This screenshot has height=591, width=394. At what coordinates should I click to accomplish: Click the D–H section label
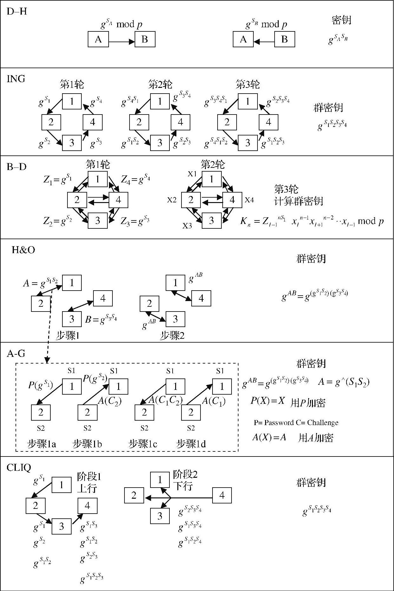point(16,12)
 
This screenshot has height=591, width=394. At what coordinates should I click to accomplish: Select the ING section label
point(16,79)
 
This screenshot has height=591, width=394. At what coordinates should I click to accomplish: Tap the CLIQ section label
point(19,468)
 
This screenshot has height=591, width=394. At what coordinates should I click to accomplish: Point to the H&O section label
point(23,250)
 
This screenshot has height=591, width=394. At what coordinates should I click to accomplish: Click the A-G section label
point(16,353)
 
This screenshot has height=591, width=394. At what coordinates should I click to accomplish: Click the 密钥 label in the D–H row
point(341,20)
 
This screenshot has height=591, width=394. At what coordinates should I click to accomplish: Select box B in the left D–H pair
point(145,39)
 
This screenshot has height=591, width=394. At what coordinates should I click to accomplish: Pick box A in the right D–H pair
point(243,39)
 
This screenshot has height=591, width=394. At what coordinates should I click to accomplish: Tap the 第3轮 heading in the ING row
point(247,85)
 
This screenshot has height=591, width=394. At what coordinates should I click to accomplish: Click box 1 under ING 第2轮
point(160,101)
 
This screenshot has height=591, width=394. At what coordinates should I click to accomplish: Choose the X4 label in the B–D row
point(249,200)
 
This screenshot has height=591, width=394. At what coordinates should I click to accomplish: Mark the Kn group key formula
point(312,221)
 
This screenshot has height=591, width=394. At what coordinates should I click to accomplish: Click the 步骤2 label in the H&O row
point(172,336)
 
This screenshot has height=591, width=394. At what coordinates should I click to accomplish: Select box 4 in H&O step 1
point(103,299)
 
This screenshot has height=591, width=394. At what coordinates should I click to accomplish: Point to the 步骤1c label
point(143,444)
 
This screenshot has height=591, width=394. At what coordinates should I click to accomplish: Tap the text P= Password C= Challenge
point(296,423)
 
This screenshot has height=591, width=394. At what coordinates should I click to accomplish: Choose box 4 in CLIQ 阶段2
point(222,495)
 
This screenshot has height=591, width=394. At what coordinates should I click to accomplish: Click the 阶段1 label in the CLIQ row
point(89,477)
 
